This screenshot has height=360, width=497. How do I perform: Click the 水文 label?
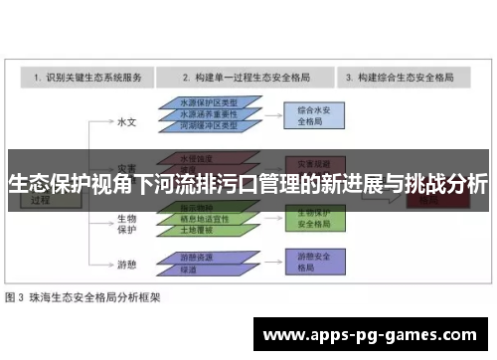125,121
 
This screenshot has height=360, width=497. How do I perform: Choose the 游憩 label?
126,264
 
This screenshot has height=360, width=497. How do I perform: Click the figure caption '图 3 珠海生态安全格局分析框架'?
83,296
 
